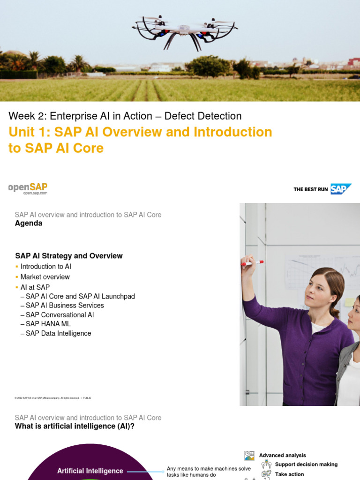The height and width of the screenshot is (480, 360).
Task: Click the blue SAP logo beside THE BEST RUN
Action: click(340, 189)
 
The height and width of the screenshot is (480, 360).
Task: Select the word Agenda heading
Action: click(29, 223)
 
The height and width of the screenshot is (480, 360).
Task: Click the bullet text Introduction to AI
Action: click(46, 266)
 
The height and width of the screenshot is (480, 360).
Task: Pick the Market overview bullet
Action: click(45, 277)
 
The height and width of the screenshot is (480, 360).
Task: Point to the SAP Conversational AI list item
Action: click(60, 315)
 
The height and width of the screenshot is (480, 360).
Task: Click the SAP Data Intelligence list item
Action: click(58, 334)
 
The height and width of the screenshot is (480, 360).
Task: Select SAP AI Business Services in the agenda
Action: click(65, 305)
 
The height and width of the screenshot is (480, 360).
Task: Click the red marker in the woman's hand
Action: click(253, 263)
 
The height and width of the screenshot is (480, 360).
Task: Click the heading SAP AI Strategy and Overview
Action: click(69, 256)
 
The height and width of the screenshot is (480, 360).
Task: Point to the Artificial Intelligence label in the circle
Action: click(90, 471)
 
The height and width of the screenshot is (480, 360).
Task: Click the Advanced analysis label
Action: click(282, 455)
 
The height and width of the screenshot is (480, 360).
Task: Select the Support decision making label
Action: click(306, 465)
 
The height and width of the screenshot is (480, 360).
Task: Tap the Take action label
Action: click(289, 474)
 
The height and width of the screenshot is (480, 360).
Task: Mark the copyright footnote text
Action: click(53, 398)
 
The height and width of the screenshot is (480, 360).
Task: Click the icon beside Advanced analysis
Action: click(249, 456)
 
